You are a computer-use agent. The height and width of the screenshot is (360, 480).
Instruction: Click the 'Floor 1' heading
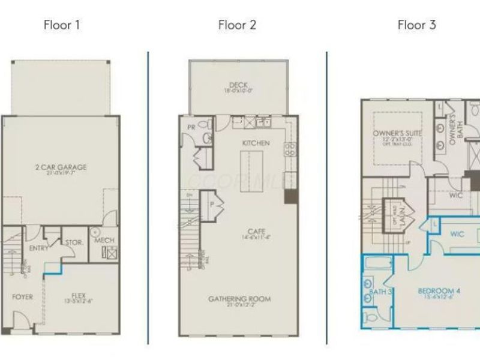pyautogui.click(x=62, y=25)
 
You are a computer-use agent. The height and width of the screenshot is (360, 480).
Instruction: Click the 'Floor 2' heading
pyautogui.click(x=237, y=25)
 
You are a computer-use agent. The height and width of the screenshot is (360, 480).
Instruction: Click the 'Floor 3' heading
pyautogui.click(x=416, y=25)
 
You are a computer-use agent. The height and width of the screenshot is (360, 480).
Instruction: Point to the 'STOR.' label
pyautogui.click(x=74, y=242)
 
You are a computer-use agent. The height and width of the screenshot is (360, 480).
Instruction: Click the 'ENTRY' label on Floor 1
pyautogui.click(x=38, y=248)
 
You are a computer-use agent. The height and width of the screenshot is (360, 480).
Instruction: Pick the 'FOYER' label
pyautogui.click(x=22, y=296)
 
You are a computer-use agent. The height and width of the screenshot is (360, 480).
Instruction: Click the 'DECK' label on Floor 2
pyautogui.click(x=239, y=85)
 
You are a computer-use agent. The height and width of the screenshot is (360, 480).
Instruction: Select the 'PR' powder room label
pyautogui.click(x=191, y=127)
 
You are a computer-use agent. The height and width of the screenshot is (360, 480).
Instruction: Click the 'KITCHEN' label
pyautogui.click(x=256, y=143)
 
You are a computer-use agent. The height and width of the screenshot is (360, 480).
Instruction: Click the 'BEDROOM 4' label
pyautogui.click(x=439, y=292)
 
